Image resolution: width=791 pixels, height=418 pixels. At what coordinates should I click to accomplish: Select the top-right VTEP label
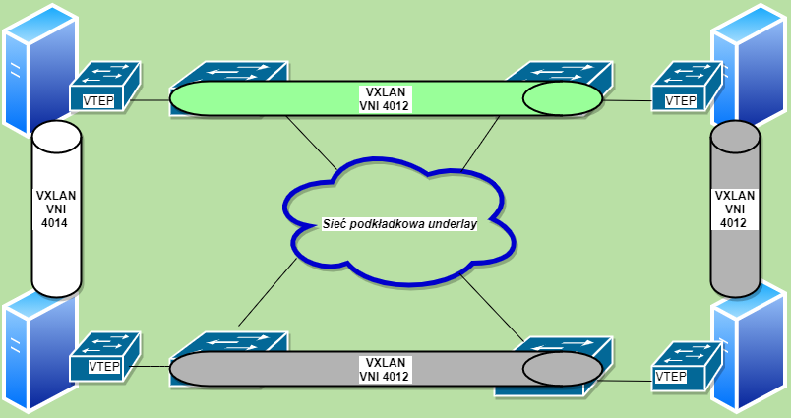[x=681, y=100]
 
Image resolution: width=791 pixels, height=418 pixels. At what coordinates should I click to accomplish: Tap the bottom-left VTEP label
[x=104, y=367]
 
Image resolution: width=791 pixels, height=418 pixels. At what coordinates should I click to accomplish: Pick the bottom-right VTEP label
[x=671, y=377]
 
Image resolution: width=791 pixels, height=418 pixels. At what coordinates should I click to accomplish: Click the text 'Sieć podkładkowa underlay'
[x=399, y=224]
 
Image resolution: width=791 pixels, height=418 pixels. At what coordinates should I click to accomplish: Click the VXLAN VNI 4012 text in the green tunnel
[x=385, y=99]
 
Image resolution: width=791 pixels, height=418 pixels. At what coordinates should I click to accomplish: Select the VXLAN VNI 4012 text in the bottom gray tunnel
[x=385, y=369]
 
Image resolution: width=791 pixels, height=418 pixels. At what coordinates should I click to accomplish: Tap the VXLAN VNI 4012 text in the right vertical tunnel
[x=734, y=209]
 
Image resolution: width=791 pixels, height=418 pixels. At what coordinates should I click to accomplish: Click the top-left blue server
[x=30, y=69]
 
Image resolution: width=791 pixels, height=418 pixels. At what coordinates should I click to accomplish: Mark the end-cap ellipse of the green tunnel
[x=561, y=98]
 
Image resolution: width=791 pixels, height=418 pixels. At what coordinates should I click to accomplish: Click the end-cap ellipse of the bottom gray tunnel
[x=561, y=368]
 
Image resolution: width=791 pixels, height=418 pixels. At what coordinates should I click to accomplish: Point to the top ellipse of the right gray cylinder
[x=734, y=137]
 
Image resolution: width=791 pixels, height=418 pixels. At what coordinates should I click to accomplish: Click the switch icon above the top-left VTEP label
[x=106, y=75]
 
